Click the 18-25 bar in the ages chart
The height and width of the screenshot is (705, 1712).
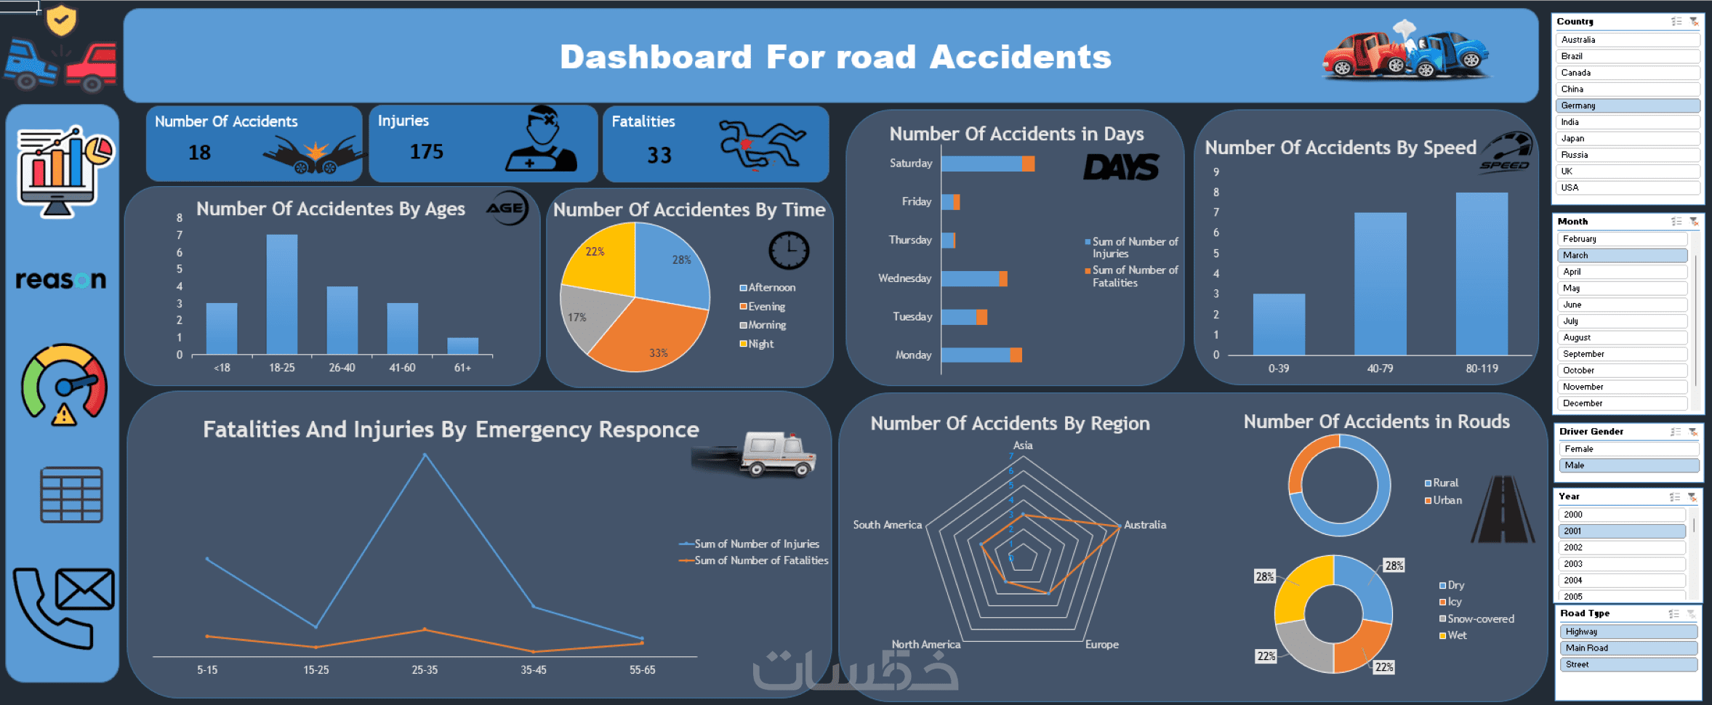282,294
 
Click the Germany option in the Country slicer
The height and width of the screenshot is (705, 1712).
1627,105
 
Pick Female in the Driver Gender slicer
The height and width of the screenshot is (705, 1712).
1627,449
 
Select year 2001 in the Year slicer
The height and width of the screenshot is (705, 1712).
1621,531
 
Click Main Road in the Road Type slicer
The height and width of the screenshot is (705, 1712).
1627,648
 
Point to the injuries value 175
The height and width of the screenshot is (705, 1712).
427,152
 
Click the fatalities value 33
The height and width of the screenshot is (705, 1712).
659,155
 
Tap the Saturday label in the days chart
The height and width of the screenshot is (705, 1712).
910,164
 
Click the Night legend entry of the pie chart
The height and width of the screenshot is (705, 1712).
760,344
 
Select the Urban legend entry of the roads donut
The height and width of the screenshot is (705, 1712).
1447,500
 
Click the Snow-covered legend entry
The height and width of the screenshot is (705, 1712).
1480,619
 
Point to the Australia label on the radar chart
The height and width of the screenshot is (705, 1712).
1145,525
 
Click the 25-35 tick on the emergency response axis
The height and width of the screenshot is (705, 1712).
425,670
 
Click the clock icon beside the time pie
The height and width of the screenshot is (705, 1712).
789,251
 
